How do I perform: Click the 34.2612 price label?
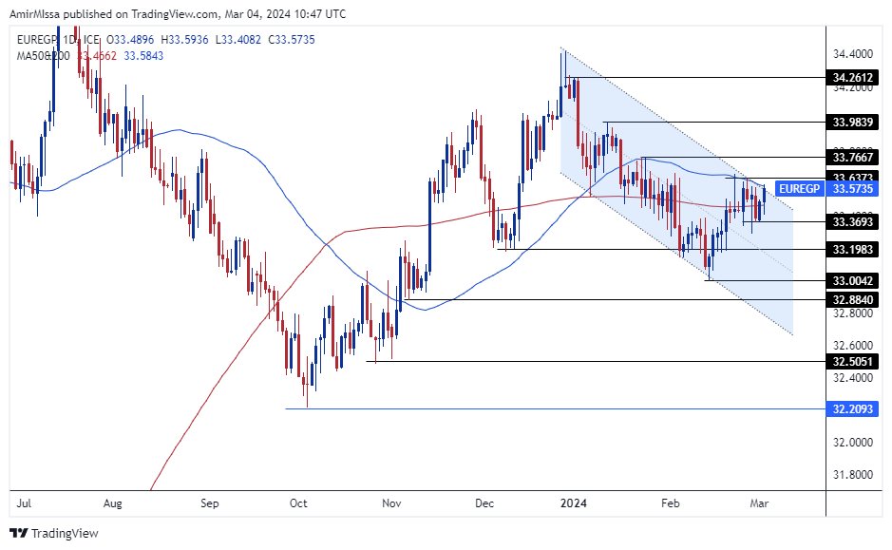(x=852, y=78)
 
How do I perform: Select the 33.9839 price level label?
(x=852, y=122)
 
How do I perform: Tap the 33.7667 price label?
(x=852, y=157)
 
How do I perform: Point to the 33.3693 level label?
(x=852, y=221)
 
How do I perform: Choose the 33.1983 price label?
(x=852, y=249)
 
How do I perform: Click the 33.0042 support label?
(x=852, y=280)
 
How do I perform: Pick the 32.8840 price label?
(x=852, y=299)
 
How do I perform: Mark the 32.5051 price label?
(x=852, y=361)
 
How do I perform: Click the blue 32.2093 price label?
(x=852, y=408)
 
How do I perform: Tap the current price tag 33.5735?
(x=852, y=188)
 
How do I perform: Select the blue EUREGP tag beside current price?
(x=799, y=188)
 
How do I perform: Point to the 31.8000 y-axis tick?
(x=852, y=474)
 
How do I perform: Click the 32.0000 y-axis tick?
(x=852, y=442)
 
